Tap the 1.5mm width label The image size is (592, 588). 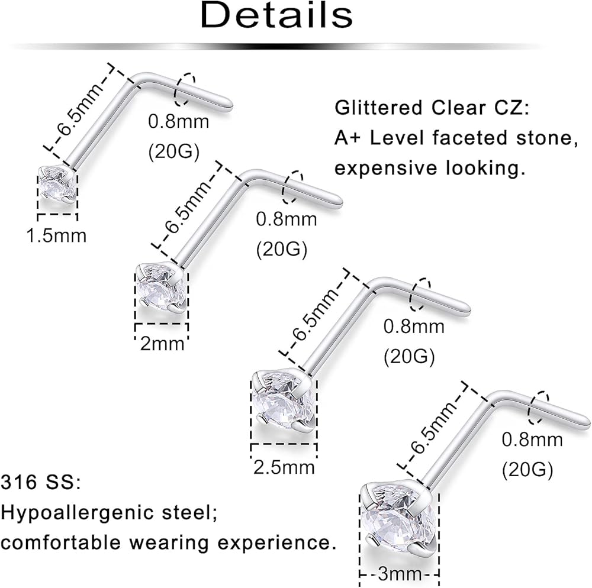[x=57, y=235]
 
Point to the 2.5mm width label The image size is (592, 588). [x=284, y=467]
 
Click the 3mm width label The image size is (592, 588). [x=401, y=573]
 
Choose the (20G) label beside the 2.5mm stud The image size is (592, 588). [x=409, y=356]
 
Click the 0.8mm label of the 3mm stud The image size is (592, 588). [x=532, y=440]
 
